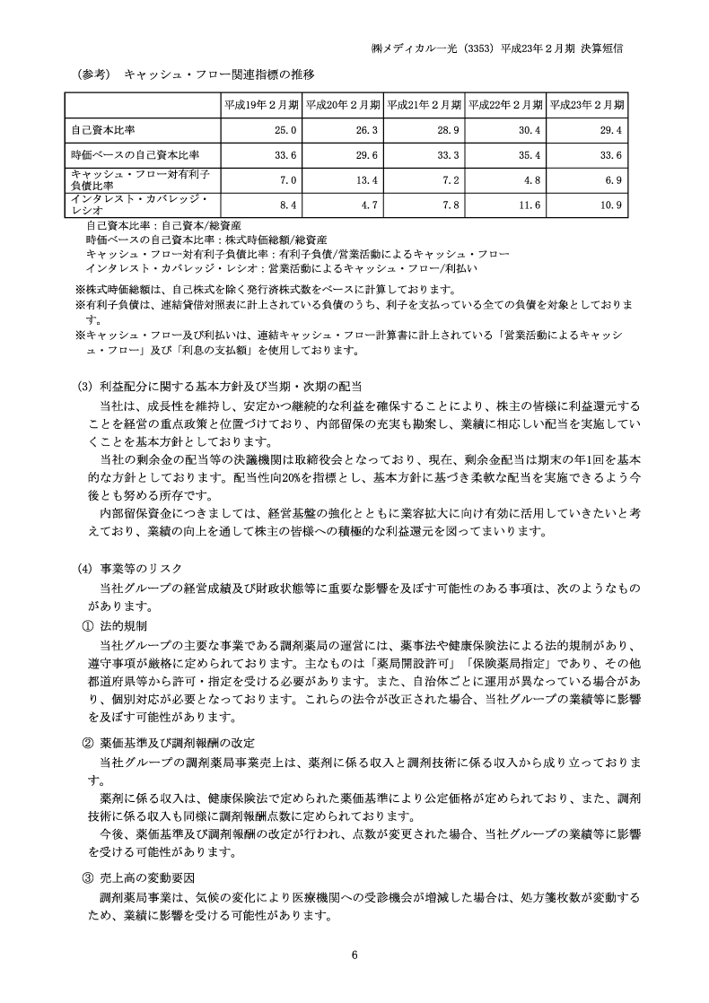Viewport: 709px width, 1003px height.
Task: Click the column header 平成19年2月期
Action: coord(262,104)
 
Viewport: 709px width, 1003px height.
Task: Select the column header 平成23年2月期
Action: coord(588,104)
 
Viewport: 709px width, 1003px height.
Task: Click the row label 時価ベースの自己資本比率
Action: coord(136,155)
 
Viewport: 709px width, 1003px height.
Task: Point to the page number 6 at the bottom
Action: coord(354,954)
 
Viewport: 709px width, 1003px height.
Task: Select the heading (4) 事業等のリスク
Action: coord(130,568)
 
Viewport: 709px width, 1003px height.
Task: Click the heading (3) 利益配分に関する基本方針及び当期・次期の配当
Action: coord(220,386)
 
